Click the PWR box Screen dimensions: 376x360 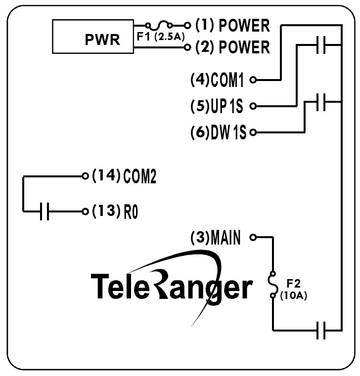click(x=93, y=37)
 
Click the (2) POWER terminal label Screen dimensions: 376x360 click(x=232, y=47)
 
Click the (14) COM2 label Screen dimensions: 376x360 click(x=124, y=176)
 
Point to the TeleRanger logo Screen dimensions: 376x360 click(x=171, y=285)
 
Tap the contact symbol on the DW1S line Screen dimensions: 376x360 click(x=320, y=103)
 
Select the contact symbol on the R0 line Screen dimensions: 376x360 click(x=44, y=211)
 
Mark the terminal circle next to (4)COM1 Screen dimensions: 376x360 click(x=253, y=79)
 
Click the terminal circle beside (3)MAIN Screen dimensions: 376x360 click(x=253, y=238)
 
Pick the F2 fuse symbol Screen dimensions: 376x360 click(x=272, y=284)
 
